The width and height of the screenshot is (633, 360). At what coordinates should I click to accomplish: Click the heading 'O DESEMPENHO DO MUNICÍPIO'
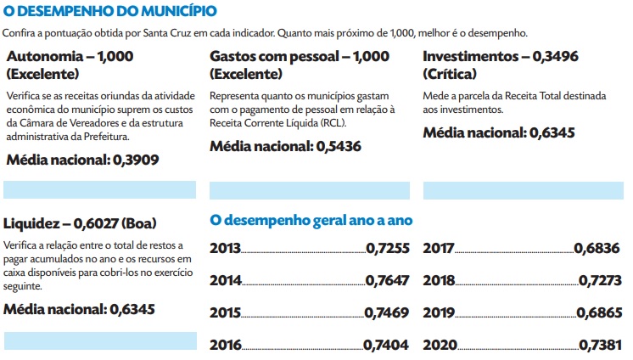click(x=109, y=12)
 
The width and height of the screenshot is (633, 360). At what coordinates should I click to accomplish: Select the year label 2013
click(x=225, y=249)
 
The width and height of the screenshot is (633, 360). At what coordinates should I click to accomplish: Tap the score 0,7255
click(x=388, y=249)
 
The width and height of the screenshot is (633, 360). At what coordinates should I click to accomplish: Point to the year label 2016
click(x=225, y=345)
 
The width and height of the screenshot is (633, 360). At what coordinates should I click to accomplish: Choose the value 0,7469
click(x=388, y=312)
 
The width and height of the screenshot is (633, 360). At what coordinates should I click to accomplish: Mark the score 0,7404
click(x=388, y=345)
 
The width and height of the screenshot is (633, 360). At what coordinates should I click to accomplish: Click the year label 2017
click(x=438, y=249)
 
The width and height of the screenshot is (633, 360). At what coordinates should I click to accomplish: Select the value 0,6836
click(x=599, y=249)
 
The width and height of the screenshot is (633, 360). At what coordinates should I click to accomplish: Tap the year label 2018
click(x=438, y=281)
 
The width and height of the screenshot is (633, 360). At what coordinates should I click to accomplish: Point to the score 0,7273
click(x=602, y=281)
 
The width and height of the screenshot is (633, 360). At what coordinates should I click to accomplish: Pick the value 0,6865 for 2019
click(x=599, y=312)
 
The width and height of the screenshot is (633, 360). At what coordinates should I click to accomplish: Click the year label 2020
click(x=438, y=345)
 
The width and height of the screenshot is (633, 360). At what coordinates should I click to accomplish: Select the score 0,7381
click(x=602, y=345)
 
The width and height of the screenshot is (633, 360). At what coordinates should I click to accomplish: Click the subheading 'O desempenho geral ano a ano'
click(x=311, y=220)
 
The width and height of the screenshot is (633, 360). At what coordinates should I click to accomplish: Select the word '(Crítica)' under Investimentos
click(x=449, y=74)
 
